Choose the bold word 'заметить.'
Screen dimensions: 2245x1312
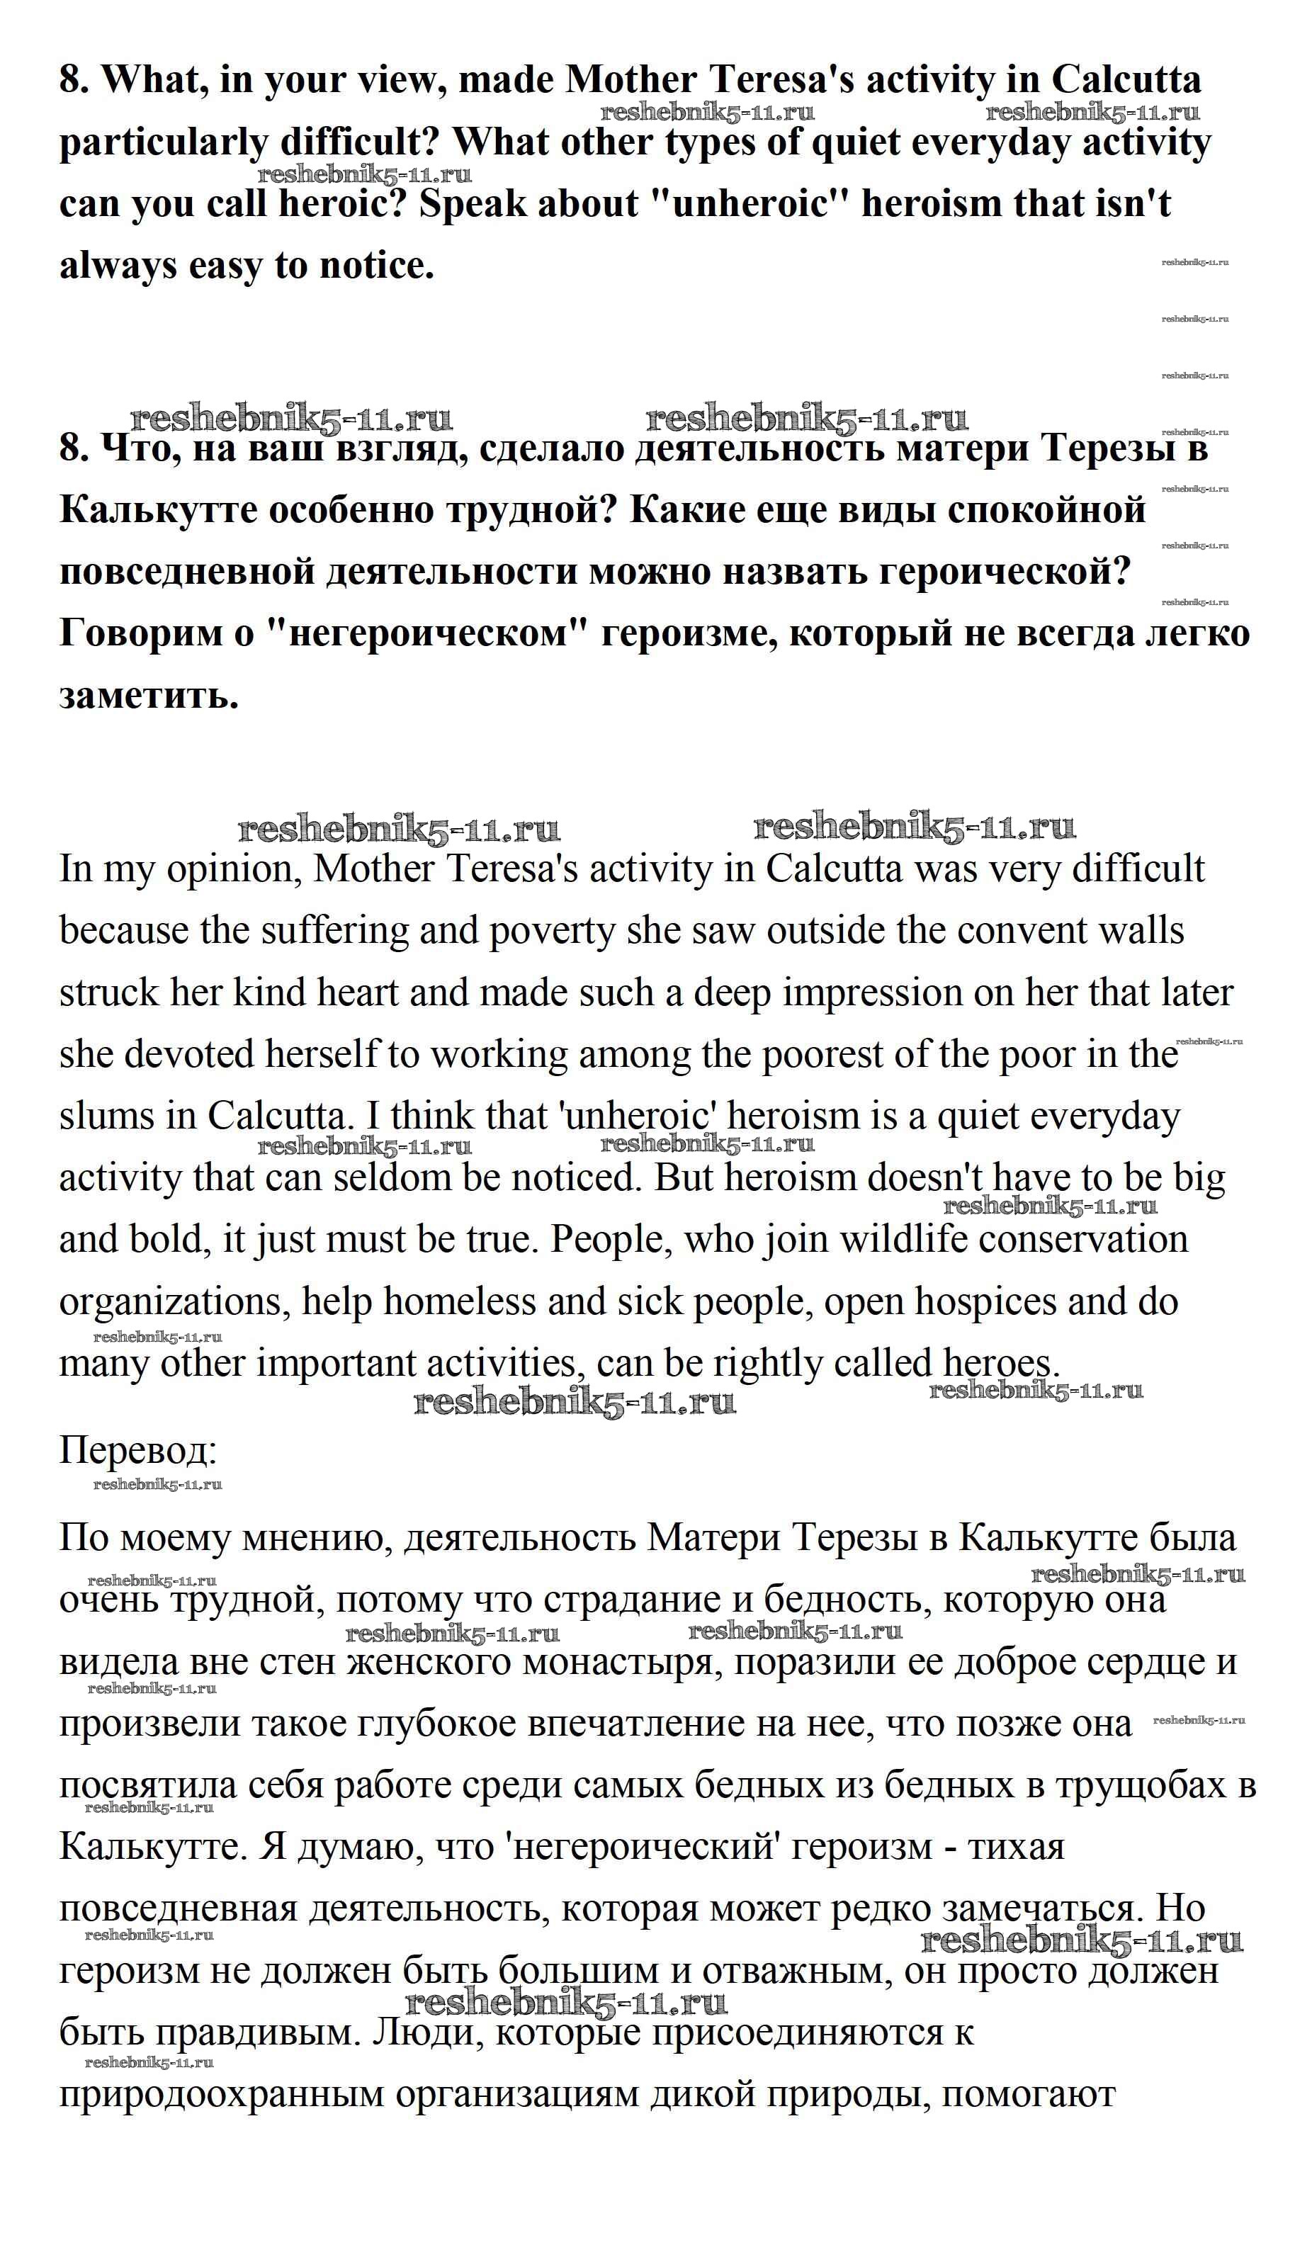click(149, 696)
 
